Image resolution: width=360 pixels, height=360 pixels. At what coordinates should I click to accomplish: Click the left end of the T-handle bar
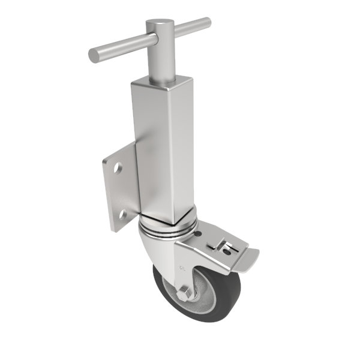click(94, 56)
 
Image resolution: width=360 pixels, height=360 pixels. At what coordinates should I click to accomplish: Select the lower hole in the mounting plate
click(124, 214)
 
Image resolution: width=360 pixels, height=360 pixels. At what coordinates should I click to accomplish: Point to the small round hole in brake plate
click(227, 251)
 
